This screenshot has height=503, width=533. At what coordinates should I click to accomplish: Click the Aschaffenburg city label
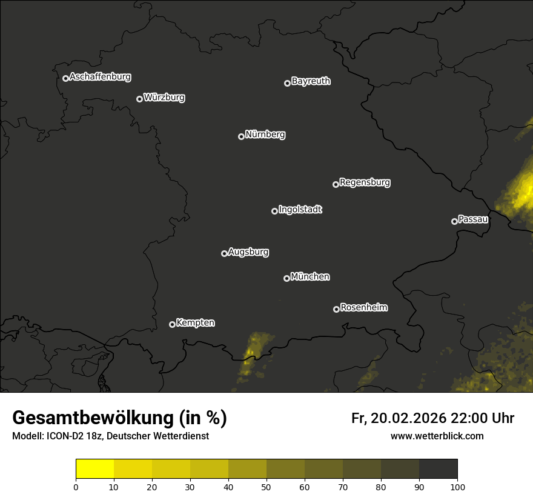[100, 77]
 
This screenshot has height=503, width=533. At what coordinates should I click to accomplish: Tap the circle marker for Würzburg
[139, 99]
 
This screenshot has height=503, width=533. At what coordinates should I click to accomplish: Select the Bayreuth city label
[311, 81]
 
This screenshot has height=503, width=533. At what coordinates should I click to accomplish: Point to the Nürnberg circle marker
[241, 136]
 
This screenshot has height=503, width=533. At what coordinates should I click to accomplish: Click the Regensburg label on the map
[365, 182]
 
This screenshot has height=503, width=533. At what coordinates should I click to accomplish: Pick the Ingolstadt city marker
[274, 211]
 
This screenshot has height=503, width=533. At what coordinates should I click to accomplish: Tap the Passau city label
[473, 219]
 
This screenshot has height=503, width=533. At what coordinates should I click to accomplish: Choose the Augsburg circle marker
[224, 253]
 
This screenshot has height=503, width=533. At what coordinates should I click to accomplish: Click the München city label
[310, 277]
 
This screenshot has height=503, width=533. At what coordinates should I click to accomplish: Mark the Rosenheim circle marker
[336, 309]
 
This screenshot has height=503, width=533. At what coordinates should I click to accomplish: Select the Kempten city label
[195, 323]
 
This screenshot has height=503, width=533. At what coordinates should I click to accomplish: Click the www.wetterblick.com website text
[437, 436]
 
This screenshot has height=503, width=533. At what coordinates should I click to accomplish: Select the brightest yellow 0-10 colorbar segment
[95, 469]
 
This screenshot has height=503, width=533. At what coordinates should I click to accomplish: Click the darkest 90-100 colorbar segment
[438, 469]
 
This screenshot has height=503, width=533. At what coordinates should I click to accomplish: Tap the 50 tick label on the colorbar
[266, 486]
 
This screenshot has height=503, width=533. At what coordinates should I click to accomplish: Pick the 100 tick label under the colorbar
[457, 486]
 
